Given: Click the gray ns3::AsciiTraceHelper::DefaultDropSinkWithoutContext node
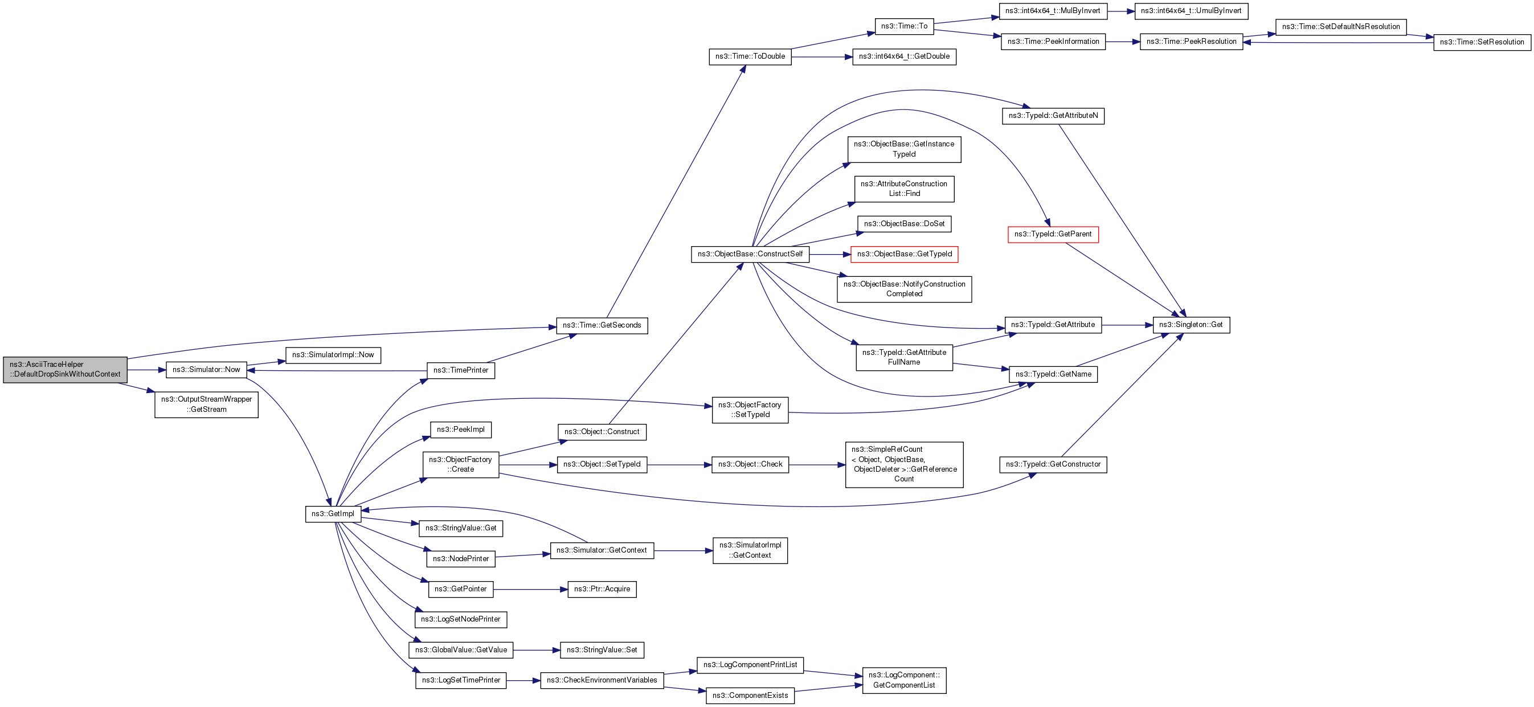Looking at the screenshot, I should [65, 369].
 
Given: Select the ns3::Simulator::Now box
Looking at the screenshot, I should [206, 370].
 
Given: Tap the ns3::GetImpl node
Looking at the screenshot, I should [333, 514].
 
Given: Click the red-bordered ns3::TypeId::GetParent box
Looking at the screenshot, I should [1052, 234].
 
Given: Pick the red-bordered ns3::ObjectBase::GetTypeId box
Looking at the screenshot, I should [904, 254].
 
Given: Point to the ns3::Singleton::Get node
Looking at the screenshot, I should [1191, 325].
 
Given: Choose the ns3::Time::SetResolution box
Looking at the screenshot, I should [1482, 42].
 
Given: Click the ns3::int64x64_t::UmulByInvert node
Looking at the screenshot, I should [1191, 11].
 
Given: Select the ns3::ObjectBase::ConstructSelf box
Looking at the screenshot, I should [750, 254].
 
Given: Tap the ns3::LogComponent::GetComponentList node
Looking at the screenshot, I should [903, 680].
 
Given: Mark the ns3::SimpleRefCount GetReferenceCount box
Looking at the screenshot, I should [904, 464].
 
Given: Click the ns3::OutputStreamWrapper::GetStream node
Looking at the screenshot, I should [206, 404].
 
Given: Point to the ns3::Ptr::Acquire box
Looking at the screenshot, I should [602, 589].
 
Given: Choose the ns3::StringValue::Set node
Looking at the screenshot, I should [602, 650].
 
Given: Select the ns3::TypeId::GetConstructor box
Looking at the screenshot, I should [1053, 464].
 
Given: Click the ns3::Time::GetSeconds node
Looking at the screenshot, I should [602, 325].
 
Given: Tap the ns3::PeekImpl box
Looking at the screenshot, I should [460, 430].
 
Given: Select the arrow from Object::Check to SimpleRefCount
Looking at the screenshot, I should [816, 464].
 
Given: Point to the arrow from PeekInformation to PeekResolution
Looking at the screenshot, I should [1122, 42].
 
